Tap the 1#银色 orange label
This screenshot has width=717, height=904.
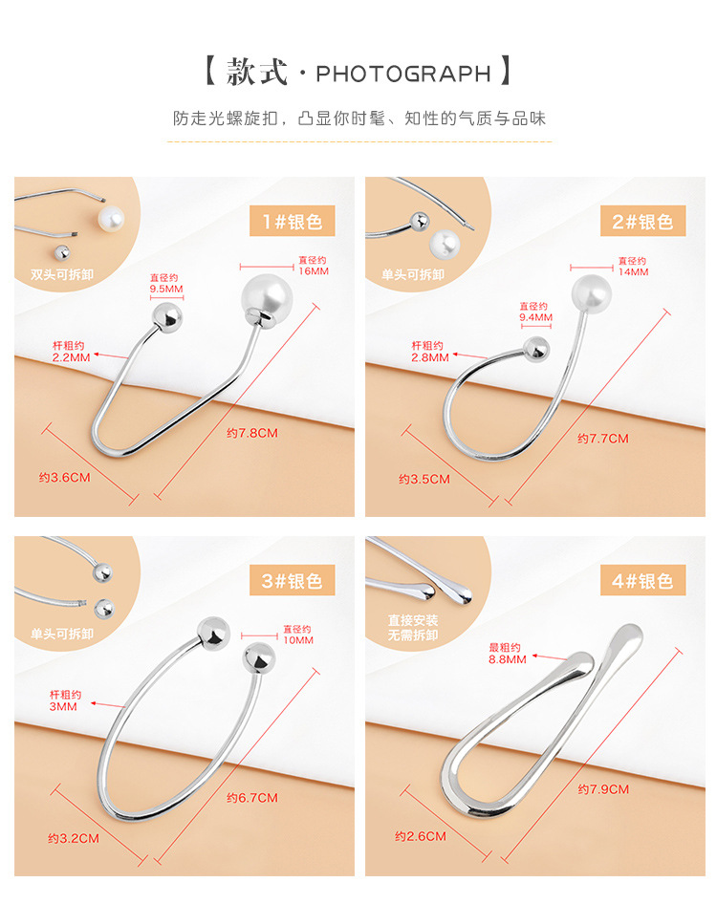tap(292, 223)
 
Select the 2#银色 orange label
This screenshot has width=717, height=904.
tap(642, 222)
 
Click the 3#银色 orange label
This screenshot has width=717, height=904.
tap(292, 580)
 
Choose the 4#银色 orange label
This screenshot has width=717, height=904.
tap(642, 580)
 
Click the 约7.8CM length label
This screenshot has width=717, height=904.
tap(252, 433)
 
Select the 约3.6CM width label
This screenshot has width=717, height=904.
tap(64, 477)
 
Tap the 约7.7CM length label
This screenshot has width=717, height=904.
tap(603, 439)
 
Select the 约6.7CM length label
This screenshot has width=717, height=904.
tap(252, 797)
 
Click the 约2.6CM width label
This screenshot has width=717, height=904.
tap(421, 836)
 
